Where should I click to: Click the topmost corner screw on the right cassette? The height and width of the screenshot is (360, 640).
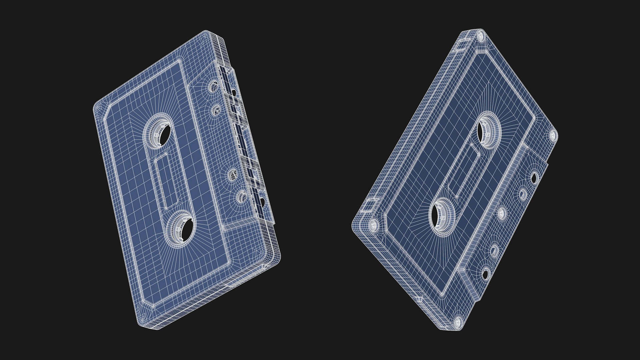tap(480, 36)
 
